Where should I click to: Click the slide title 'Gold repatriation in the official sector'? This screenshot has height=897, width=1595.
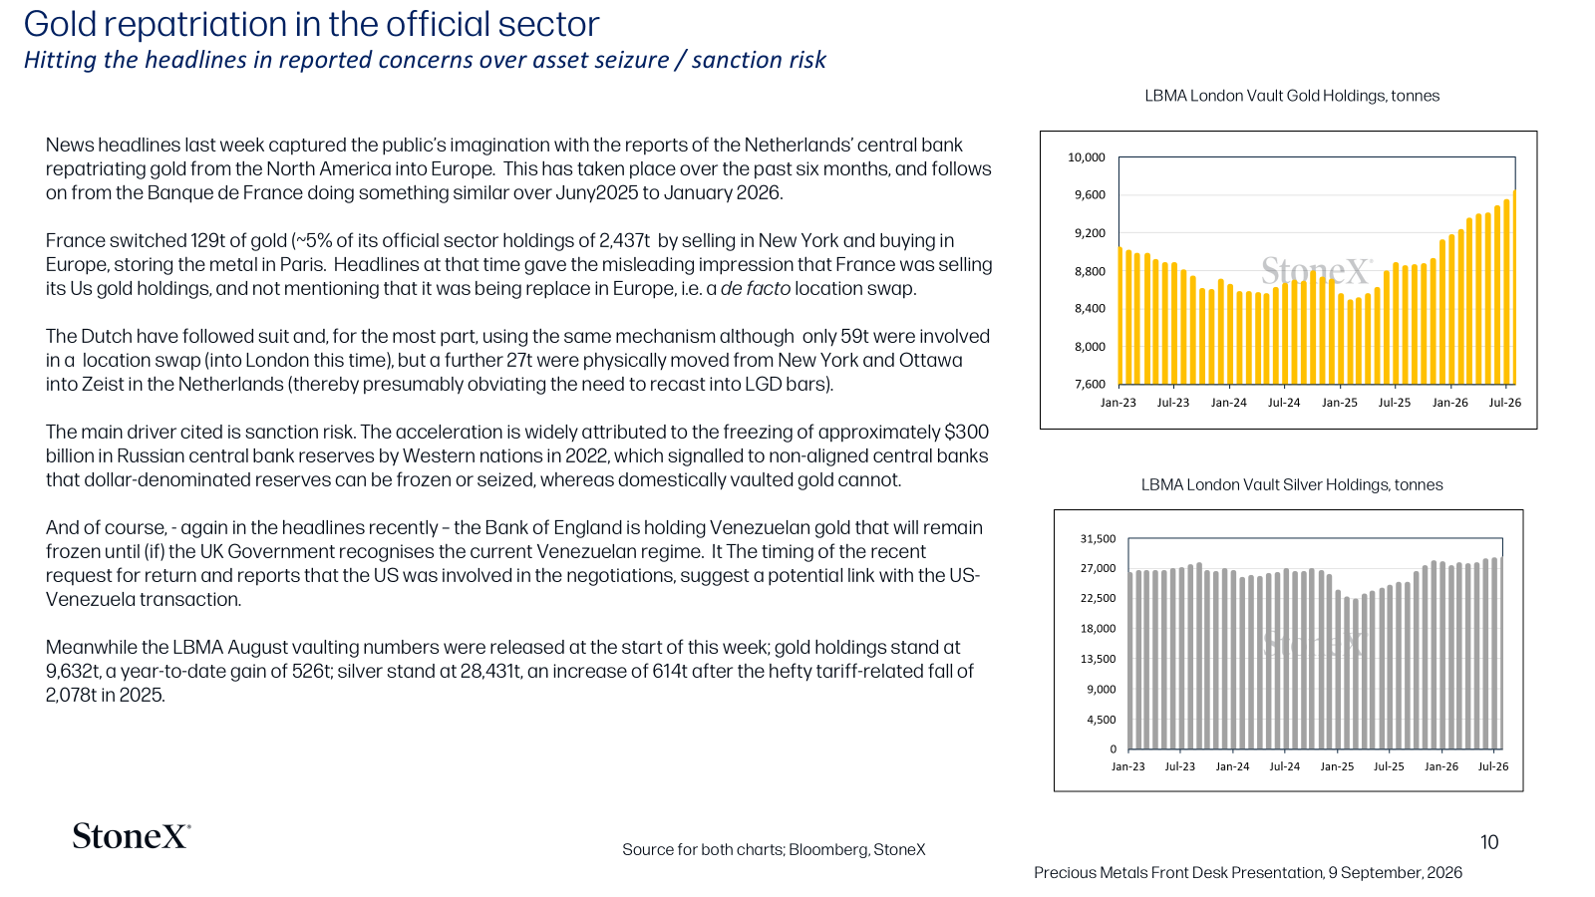[x=311, y=24]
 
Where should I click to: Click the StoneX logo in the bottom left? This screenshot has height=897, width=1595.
[x=132, y=836]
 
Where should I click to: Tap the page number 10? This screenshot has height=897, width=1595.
[x=1489, y=842]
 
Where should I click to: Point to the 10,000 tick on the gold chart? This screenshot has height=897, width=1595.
[x=1086, y=157]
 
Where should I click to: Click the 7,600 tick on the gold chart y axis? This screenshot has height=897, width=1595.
[x=1090, y=385]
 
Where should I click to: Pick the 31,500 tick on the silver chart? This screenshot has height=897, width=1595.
[x=1098, y=539]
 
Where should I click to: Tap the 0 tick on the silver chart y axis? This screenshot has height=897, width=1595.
[x=1113, y=748]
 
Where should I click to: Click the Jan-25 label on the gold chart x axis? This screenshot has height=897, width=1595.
[x=1340, y=403]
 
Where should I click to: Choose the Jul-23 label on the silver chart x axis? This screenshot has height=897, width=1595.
[x=1180, y=766]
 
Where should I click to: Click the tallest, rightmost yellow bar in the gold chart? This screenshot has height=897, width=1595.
[x=1513, y=287]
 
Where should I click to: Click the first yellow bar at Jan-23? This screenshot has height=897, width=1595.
[x=1120, y=316]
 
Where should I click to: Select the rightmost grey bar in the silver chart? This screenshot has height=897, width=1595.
[x=1501, y=653]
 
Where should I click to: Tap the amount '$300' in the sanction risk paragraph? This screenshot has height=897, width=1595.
[x=966, y=433]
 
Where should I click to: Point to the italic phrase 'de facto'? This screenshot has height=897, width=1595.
[x=756, y=289]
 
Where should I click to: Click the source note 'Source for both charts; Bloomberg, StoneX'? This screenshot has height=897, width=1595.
[x=774, y=849]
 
